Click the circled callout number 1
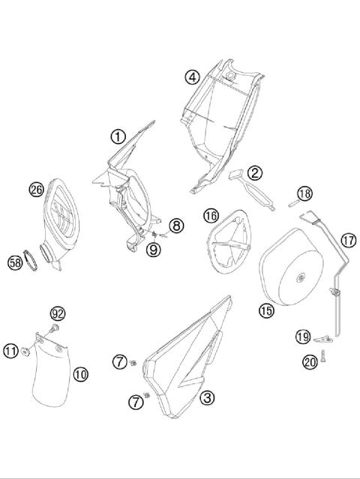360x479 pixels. click(118, 136)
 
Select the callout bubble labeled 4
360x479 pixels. click(192, 76)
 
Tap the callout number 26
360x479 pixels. click(36, 190)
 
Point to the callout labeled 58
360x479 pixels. click(14, 262)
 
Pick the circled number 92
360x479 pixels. click(58, 313)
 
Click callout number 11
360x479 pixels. click(10, 350)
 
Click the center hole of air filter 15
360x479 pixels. click(301, 280)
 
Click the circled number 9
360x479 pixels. click(153, 250)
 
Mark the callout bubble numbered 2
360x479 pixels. click(255, 173)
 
